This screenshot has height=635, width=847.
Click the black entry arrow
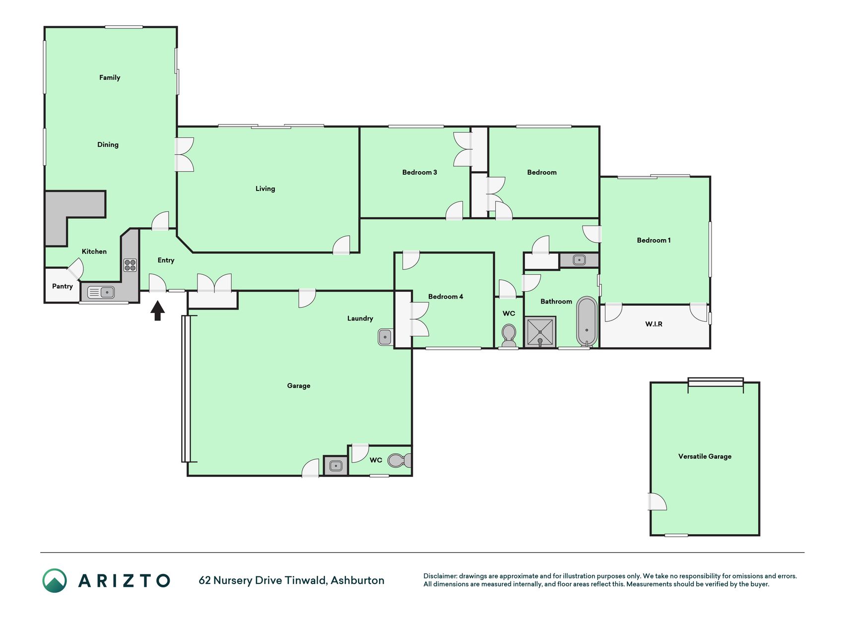click(158, 311)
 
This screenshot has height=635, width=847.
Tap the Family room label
click(110, 77)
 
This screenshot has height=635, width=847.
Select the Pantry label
click(63, 286)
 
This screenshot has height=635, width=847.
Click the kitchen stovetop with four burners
click(130, 265)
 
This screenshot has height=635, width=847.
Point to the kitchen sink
click(101, 292)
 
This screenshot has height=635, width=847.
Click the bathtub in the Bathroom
click(586, 321)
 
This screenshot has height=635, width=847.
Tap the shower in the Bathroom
click(540, 332)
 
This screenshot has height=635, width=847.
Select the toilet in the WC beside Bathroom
click(509, 336)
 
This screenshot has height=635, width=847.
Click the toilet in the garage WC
click(399, 461)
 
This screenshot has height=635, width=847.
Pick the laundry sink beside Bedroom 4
click(386, 337)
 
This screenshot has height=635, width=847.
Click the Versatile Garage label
click(705, 456)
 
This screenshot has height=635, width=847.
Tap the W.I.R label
click(653, 324)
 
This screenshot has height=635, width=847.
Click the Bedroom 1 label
click(653, 240)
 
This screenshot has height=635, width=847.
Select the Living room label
click(265, 189)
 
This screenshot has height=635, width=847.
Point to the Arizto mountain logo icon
click(55, 580)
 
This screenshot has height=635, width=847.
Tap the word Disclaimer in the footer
click(440, 576)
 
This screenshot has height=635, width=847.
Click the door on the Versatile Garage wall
click(657, 502)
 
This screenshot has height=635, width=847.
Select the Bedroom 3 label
click(419, 172)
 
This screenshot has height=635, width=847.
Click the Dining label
click(108, 145)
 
